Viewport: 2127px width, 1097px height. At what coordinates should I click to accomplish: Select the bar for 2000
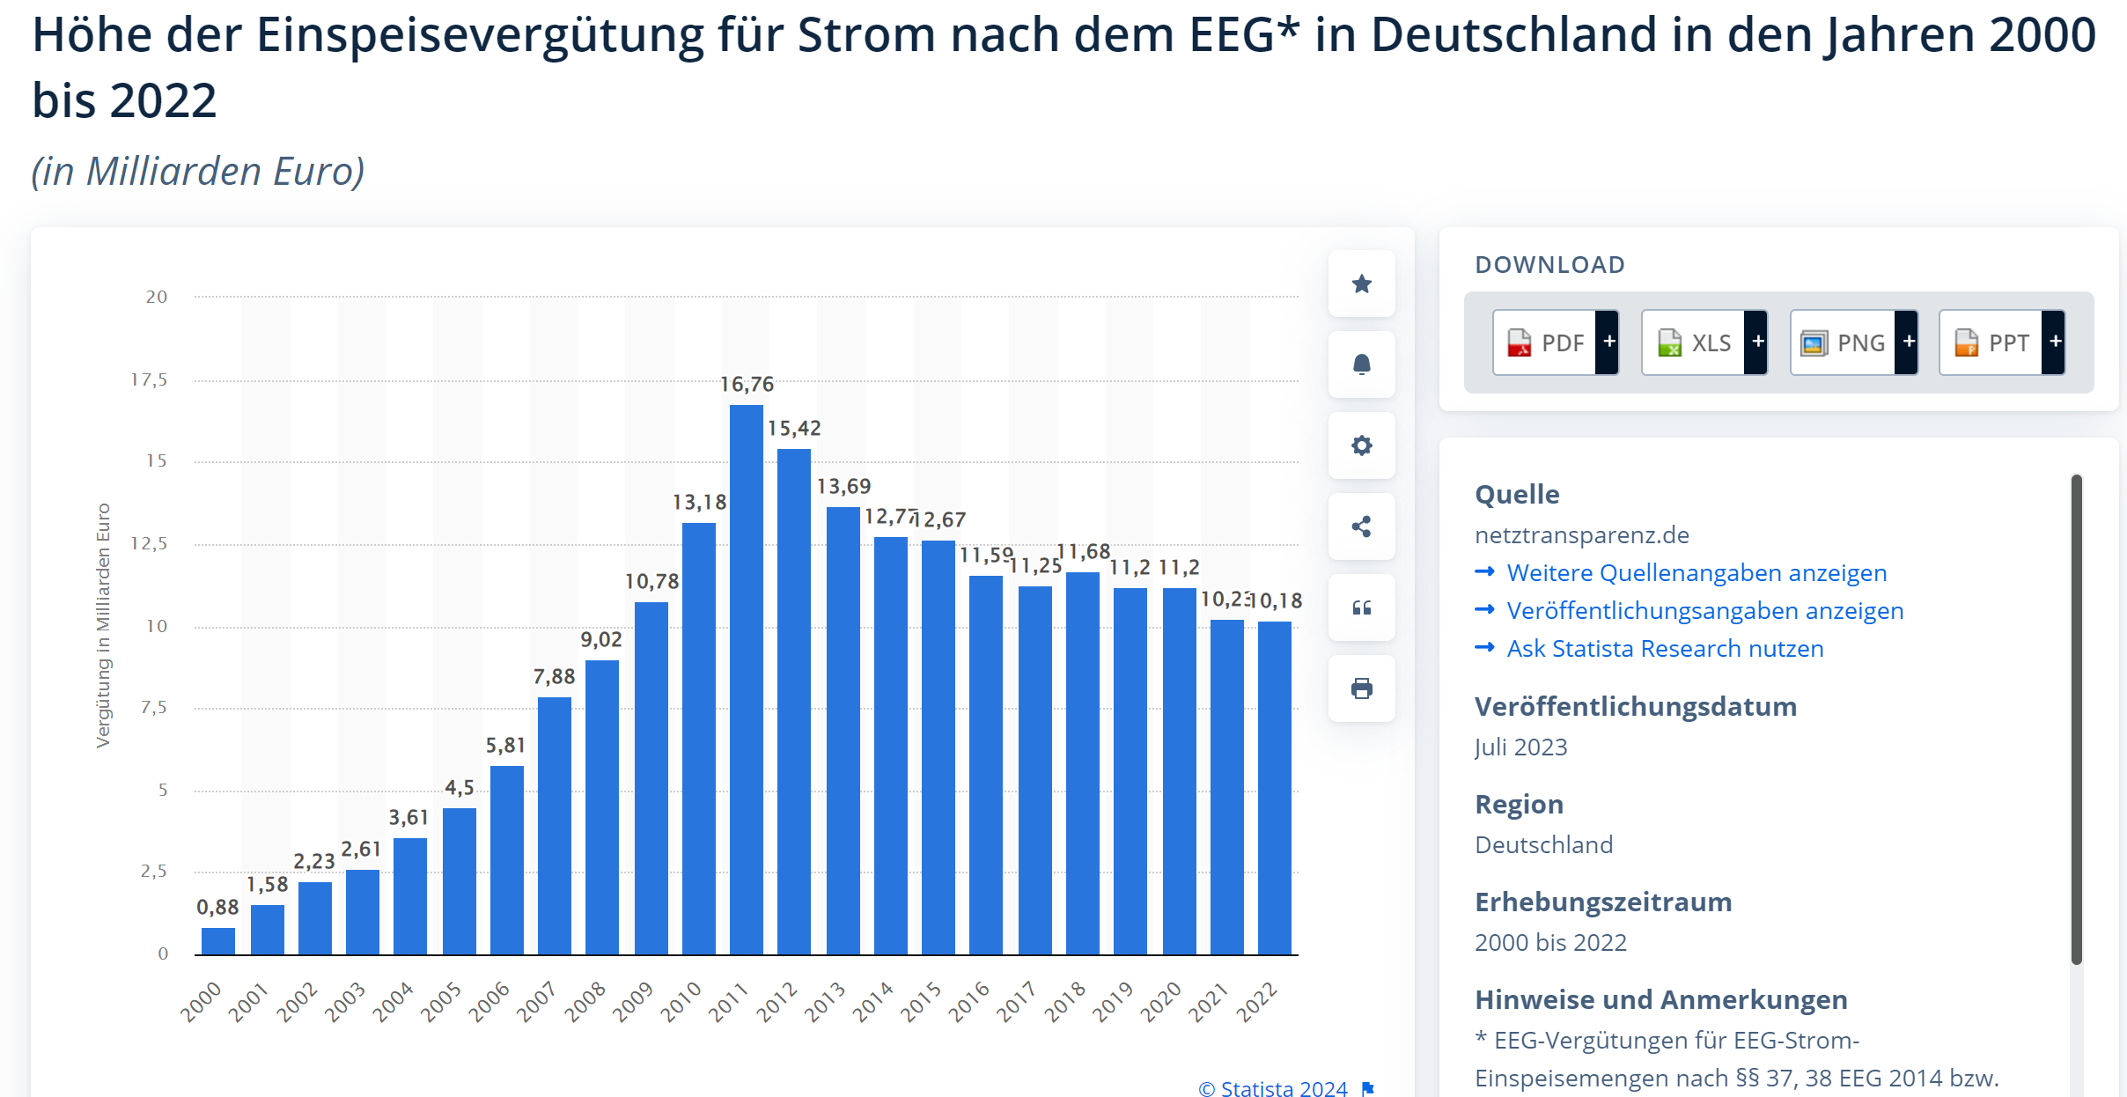218,941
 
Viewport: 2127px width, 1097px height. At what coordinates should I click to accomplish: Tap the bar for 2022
1274,788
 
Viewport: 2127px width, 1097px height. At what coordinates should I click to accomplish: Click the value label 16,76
747,385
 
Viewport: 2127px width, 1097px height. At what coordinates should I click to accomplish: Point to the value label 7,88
554,677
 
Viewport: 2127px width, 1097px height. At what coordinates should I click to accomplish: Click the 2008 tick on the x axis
585,1002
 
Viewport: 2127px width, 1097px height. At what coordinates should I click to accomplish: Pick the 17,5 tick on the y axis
149,380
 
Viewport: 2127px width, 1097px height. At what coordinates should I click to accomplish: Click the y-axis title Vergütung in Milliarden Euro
104,625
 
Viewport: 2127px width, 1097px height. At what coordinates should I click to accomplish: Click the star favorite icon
1361,283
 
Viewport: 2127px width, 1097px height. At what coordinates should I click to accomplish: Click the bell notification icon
1361,364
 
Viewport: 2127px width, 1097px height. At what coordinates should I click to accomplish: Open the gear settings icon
1361,445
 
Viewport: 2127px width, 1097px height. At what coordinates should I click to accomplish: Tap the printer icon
1361,688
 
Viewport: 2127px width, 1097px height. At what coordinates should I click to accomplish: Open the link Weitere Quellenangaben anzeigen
1696,573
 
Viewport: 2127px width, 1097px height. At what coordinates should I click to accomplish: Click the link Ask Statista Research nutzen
1665,649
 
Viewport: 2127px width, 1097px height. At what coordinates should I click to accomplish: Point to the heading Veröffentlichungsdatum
1635,707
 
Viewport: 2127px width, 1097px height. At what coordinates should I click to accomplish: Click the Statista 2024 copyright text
1274,1088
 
